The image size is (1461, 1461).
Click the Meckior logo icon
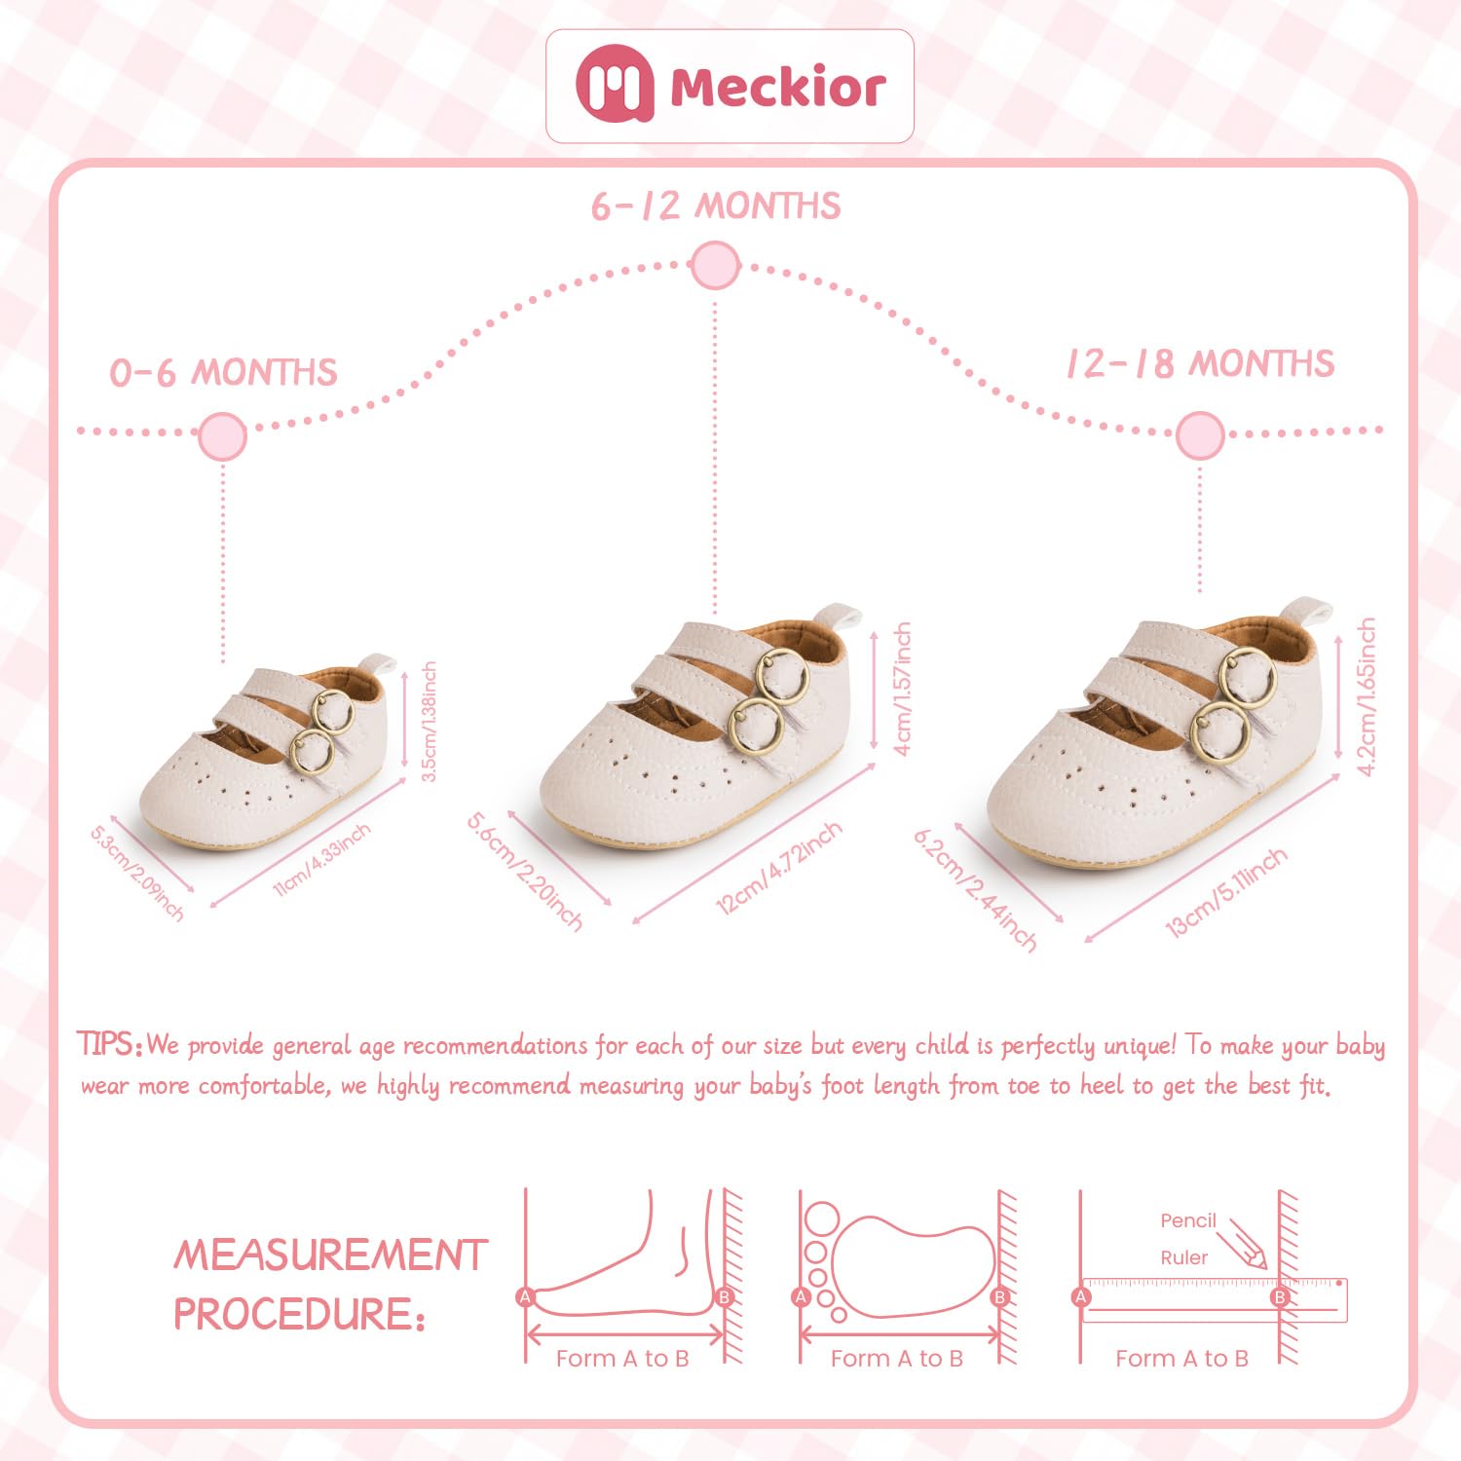614,85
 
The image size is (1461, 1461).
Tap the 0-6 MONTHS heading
223,373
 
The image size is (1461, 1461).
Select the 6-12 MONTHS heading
716,206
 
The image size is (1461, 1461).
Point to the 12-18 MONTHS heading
1200,364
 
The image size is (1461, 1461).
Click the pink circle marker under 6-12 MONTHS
716,265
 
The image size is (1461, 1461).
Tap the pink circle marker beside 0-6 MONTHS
222,435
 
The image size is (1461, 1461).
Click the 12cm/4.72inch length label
778,868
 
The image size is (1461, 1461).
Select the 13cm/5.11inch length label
1226,893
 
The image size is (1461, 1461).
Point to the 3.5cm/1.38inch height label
429,722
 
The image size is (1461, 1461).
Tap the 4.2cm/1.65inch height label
1367,696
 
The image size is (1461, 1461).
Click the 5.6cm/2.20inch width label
525,870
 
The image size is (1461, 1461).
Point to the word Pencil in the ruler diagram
1188,1220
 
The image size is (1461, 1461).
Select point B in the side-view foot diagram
724,1296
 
